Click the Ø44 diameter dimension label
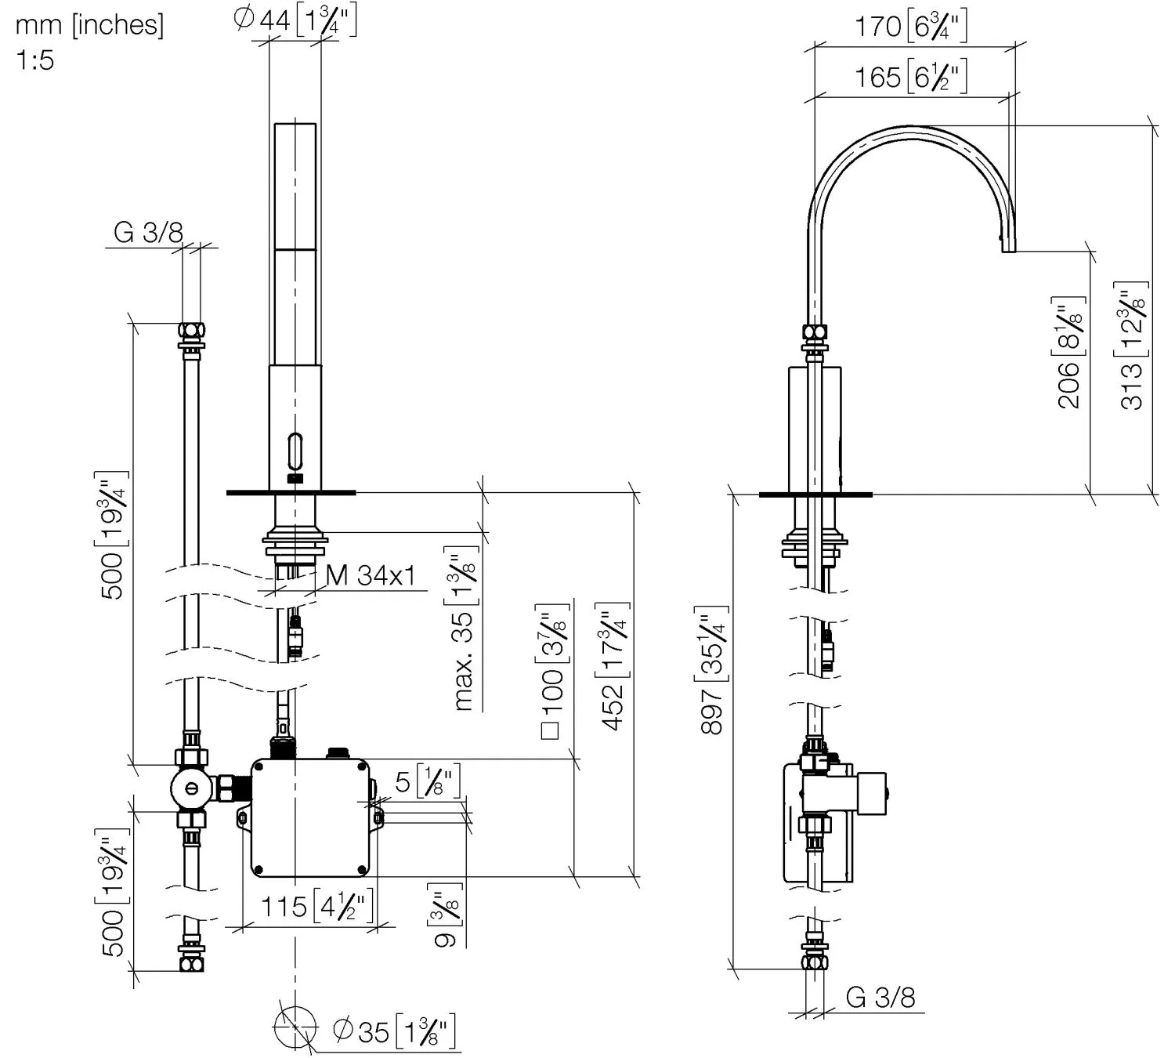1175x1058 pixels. [295, 20]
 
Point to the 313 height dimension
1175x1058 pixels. [1133, 345]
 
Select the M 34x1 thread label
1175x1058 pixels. [371, 576]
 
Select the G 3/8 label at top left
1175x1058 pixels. [148, 233]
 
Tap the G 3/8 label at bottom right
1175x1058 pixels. [880, 998]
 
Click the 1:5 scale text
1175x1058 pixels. [35, 60]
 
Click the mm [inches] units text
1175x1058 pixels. [90, 25]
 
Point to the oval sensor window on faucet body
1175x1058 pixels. [295, 452]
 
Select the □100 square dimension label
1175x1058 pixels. [553, 674]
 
